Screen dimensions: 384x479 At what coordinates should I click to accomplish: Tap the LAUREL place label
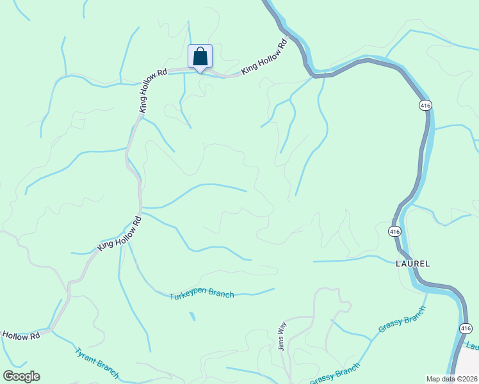tap(412, 263)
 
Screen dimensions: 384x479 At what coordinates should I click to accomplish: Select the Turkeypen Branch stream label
tap(202, 295)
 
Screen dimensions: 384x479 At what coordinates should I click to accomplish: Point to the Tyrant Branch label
tap(97, 362)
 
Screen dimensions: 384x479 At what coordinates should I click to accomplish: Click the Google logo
tap(21, 376)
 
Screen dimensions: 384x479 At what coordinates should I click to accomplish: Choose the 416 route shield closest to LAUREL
tap(394, 230)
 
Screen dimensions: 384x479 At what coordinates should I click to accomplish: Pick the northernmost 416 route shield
tap(424, 105)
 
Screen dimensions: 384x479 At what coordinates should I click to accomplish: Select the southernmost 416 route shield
tap(466, 328)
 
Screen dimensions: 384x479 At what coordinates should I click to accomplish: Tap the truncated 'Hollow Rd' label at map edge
tap(20, 335)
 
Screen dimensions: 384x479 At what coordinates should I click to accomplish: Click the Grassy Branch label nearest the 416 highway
tap(402, 319)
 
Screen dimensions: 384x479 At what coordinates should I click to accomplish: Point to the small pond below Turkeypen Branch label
tap(191, 316)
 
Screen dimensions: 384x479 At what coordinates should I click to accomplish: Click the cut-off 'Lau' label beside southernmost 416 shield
tap(473, 346)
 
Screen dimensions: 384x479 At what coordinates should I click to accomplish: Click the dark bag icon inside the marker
tap(200, 56)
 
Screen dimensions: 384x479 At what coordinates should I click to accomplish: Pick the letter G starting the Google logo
tap(8, 376)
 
